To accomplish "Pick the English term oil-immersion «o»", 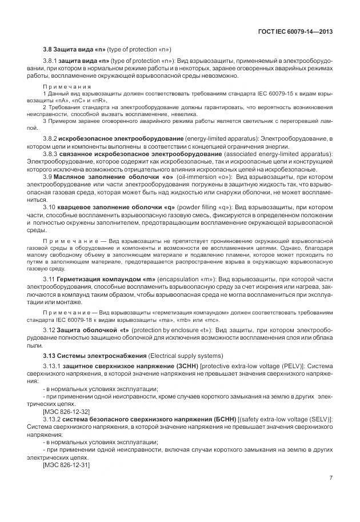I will tap(195, 177).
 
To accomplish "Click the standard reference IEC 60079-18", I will tap(78, 320).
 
